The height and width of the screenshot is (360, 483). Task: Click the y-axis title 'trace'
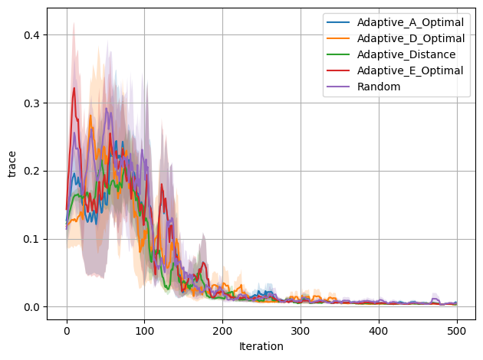11,164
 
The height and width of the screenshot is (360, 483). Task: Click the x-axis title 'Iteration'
261,346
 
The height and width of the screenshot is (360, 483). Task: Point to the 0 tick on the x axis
67,329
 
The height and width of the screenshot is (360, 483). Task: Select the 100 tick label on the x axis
145,329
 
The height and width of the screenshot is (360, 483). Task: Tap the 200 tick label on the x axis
223,329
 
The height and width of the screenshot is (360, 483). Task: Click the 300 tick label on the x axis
301,329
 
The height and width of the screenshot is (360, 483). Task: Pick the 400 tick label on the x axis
379,329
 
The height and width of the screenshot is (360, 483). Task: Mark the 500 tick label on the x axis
457,329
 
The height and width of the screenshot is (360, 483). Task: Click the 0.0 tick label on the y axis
32,307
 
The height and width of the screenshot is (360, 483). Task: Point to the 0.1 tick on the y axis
32,239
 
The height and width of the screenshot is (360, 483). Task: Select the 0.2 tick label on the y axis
32,171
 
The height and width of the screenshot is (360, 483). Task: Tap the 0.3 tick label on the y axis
32,103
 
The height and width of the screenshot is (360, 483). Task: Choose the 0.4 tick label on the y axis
32,35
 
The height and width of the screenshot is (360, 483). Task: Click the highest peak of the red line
74,88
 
